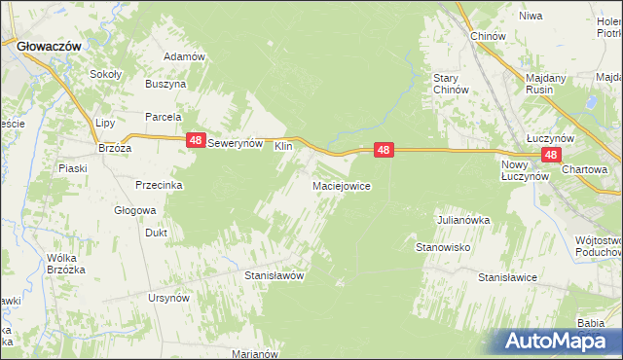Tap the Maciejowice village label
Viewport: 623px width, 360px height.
340,185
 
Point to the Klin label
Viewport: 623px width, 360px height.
283,146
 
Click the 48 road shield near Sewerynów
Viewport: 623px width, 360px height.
197,141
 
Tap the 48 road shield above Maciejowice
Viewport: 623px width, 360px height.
385,150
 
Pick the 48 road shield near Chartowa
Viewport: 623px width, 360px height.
551,155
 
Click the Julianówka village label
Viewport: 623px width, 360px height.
462,220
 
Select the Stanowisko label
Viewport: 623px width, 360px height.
444,247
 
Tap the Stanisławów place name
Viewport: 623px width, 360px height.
275,275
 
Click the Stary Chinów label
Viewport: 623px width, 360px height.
452,84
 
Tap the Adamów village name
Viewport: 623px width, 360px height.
185,56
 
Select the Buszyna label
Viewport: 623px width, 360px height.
165,85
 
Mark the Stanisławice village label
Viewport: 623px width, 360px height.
507,277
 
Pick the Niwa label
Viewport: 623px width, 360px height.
531,17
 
